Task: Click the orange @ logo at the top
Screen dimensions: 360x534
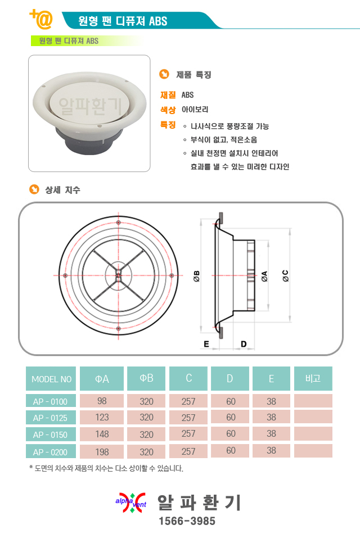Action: pos(42,19)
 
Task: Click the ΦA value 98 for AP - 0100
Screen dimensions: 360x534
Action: pos(102,401)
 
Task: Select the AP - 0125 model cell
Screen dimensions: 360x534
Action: pos(51,418)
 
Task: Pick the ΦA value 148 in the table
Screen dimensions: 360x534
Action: pos(102,434)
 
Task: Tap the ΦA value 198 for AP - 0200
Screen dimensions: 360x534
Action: pos(102,452)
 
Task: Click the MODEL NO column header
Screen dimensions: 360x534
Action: pos(51,379)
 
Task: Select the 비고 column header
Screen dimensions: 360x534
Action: pos(313,378)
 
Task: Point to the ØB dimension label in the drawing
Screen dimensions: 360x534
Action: pos(197,276)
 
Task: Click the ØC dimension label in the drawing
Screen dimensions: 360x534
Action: pos(286,275)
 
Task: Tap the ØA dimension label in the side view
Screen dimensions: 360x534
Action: pos(264,276)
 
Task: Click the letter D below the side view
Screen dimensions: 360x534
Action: pos(244,344)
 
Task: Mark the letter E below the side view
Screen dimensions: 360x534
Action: pos(206,344)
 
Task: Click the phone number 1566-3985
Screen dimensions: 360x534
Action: pos(187,521)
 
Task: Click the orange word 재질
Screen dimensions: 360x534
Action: pos(168,95)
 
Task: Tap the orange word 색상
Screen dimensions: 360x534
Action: pos(168,110)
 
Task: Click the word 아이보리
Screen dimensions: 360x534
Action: pos(195,109)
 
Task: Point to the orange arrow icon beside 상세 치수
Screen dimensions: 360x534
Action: pos(34,189)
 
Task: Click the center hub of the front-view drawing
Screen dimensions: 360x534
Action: pos(118,275)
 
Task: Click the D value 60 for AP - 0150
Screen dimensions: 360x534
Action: pos(231,433)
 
